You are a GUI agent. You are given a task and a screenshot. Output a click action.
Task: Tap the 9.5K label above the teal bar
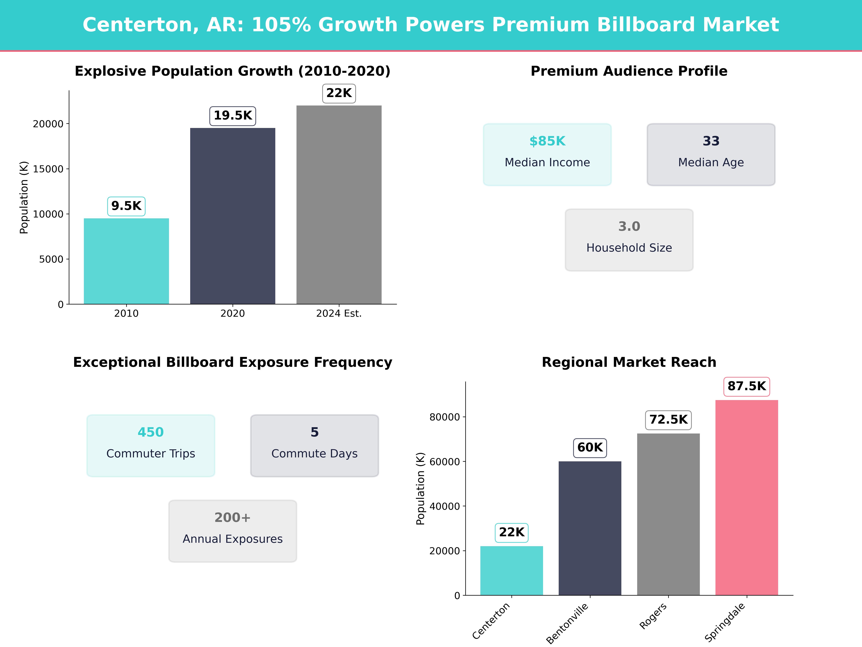coord(126,206)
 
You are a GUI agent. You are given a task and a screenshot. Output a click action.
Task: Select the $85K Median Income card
coord(547,154)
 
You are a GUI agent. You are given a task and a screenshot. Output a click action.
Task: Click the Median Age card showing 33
coord(711,154)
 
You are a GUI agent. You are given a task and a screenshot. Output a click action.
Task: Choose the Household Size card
coord(629,240)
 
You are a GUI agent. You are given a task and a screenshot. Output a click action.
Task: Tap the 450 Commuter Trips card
coord(151,445)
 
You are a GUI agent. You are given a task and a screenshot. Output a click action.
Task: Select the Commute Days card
coord(314,445)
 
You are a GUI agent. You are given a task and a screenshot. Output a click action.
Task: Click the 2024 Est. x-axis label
coord(339,314)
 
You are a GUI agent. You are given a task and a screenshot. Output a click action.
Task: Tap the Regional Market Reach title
coord(629,362)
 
